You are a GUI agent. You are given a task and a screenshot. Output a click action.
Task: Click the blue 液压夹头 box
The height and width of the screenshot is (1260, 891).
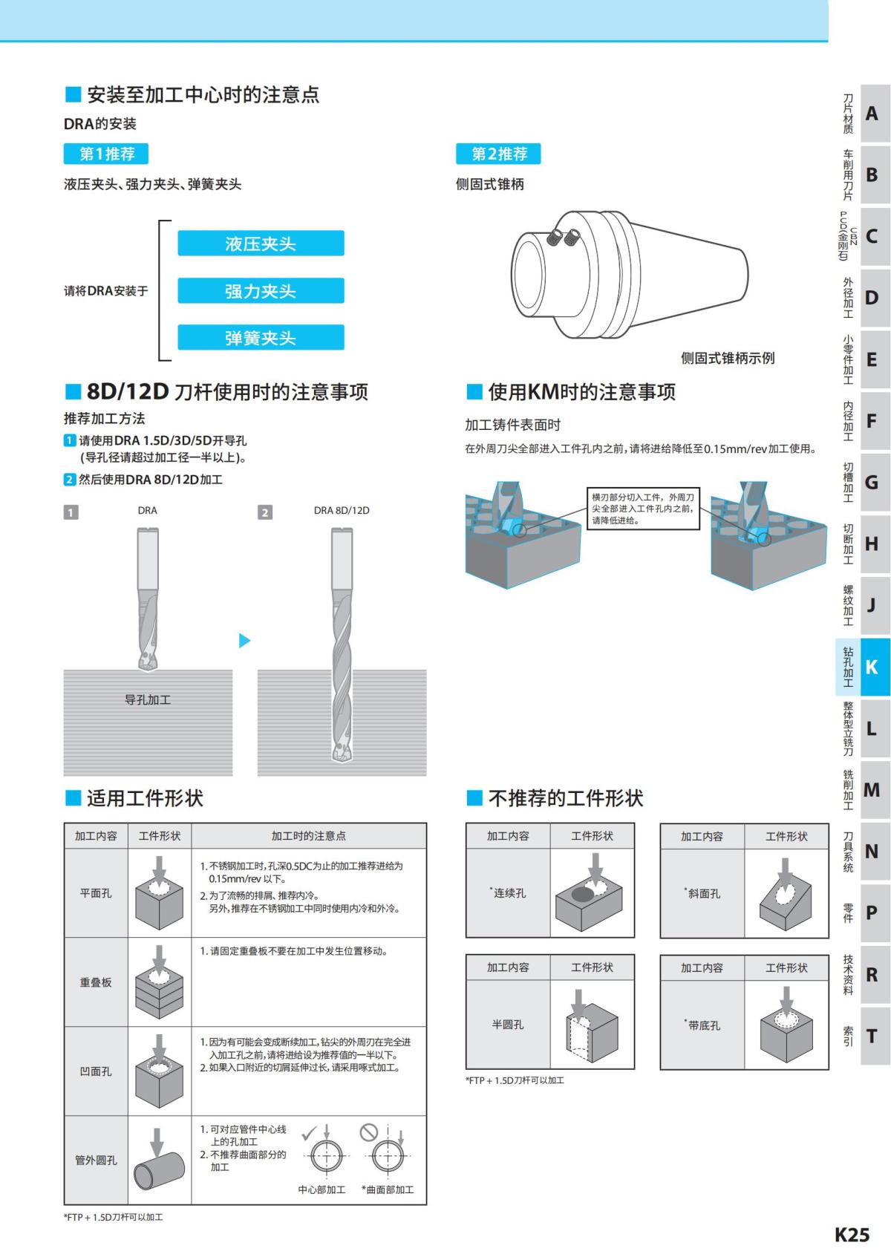261,244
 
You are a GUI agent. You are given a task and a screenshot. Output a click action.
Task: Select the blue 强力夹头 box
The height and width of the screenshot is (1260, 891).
261,291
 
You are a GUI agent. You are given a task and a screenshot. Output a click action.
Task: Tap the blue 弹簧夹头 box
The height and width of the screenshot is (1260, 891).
261,338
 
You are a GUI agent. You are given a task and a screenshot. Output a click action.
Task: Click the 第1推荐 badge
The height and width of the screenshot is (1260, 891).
106,154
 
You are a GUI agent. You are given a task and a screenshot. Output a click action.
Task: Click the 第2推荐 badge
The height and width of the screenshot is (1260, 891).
498,154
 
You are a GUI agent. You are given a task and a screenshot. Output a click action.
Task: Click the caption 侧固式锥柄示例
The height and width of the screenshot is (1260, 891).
727,358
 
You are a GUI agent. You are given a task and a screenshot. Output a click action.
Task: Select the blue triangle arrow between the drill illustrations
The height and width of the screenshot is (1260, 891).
244,640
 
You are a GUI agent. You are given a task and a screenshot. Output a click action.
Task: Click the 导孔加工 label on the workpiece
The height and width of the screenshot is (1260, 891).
148,699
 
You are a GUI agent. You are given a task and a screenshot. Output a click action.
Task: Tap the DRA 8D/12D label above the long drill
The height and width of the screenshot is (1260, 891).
342,510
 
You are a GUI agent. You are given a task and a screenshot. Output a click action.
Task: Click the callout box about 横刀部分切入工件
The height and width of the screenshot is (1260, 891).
643,509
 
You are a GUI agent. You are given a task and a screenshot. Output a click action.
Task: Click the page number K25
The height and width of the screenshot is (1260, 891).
852,1234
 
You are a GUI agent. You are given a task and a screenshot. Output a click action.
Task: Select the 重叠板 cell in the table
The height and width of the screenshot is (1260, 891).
96,982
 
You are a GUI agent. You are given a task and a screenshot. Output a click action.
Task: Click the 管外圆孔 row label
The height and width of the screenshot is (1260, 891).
96,1160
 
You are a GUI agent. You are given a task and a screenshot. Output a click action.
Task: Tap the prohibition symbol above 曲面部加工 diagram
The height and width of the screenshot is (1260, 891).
368,1132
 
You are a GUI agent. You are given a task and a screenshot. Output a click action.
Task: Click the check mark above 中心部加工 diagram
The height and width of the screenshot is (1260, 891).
309,1133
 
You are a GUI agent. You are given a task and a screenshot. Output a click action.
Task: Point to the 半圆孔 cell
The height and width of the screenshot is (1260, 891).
508,1025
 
